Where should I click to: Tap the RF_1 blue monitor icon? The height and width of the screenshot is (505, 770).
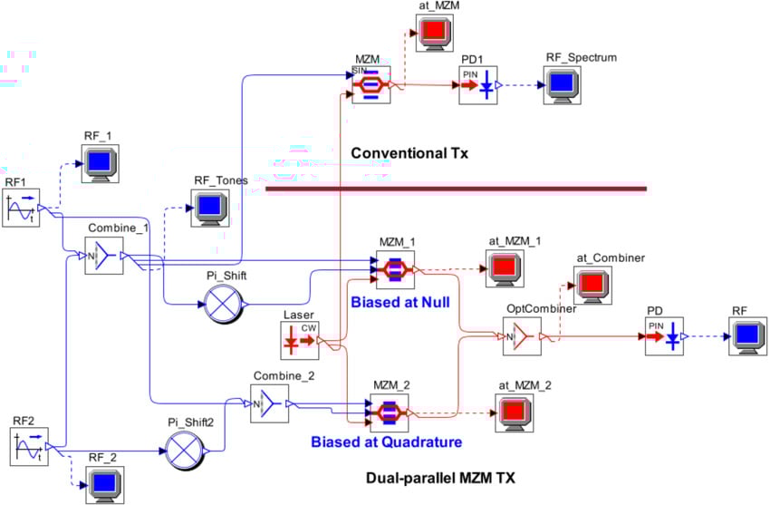(x=100, y=163)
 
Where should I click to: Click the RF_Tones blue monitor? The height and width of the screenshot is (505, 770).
(x=209, y=208)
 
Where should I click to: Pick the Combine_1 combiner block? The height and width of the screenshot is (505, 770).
(x=103, y=257)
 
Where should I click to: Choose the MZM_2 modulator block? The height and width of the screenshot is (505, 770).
(x=390, y=413)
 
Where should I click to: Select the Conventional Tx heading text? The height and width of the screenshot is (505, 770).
(x=409, y=153)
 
